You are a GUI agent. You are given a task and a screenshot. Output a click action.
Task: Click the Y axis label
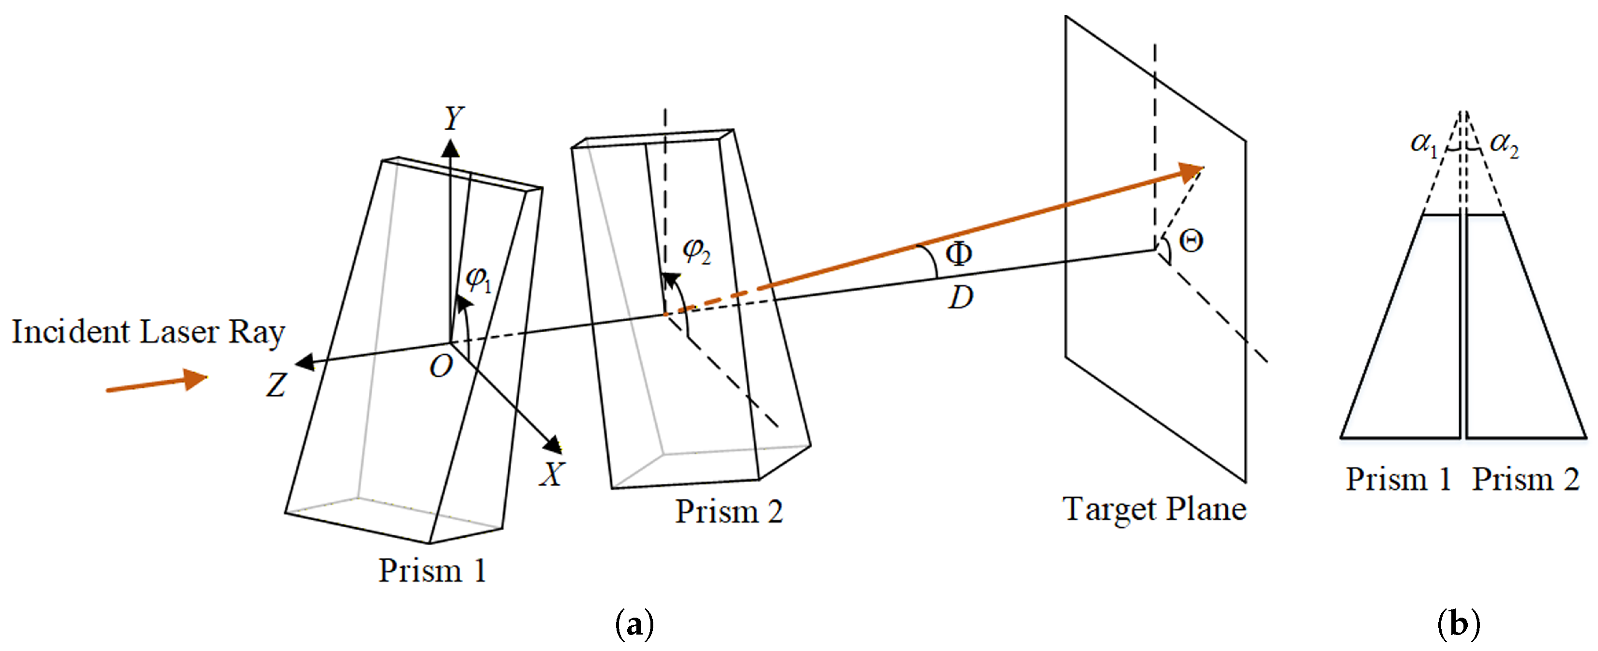(x=454, y=118)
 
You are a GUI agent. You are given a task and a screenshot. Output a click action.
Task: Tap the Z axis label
(x=276, y=385)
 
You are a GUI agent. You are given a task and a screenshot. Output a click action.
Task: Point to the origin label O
(x=441, y=367)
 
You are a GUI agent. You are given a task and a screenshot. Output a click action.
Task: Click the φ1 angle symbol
(x=478, y=279)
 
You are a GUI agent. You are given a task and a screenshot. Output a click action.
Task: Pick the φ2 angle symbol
(x=696, y=251)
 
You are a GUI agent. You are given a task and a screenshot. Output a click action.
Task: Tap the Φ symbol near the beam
(x=958, y=253)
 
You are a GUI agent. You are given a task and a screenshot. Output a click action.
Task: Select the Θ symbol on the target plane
(x=1191, y=240)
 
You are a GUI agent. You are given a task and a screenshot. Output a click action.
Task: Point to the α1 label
(x=1424, y=144)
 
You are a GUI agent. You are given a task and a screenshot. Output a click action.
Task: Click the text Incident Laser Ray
(x=148, y=332)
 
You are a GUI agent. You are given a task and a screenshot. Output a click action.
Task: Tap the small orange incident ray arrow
(x=156, y=383)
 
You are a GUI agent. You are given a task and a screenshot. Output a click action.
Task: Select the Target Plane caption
(x=1154, y=510)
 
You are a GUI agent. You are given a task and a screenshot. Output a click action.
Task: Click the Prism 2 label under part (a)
(x=729, y=512)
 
